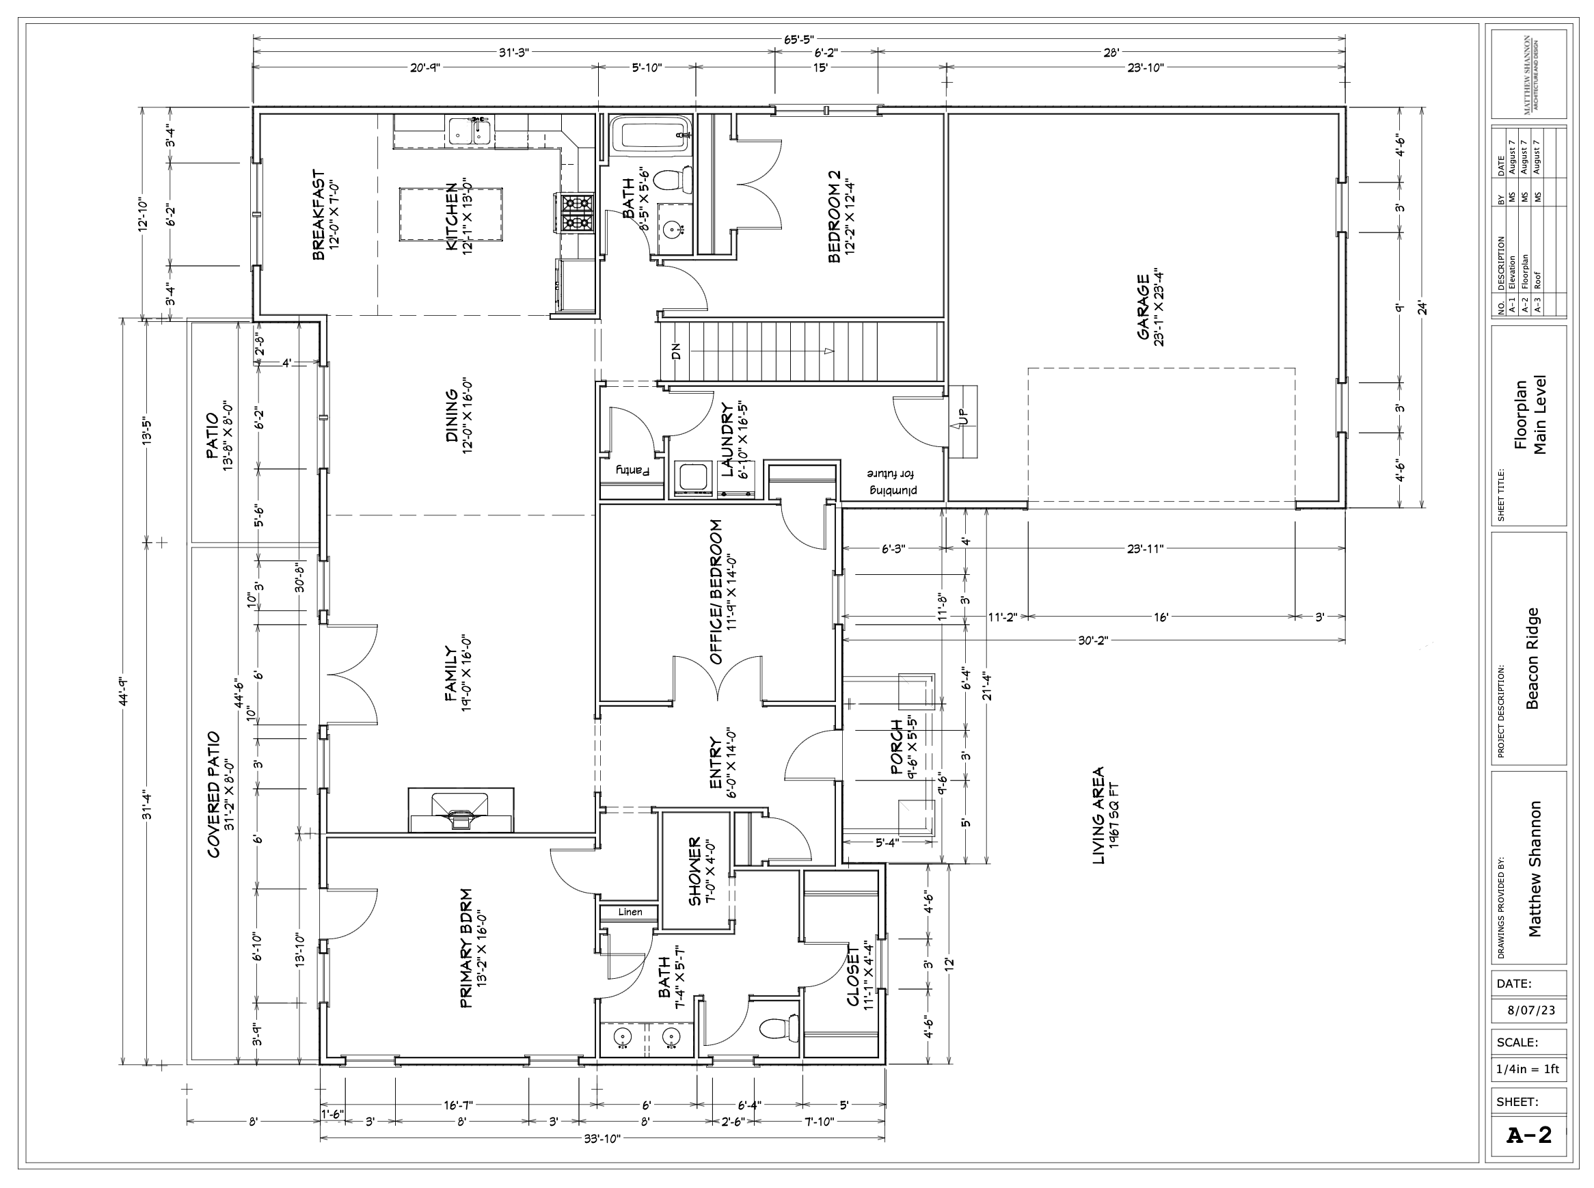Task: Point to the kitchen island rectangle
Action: pyautogui.click(x=451, y=215)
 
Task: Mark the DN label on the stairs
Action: pyautogui.click(x=676, y=351)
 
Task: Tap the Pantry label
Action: pyautogui.click(x=632, y=470)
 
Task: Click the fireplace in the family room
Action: pyautogui.click(x=461, y=810)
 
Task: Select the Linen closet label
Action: pyautogui.click(x=630, y=912)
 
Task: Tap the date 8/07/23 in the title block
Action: pyautogui.click(x=1530, y=1010)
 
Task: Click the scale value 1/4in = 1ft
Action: pyautogui.click(x=1528, y=1069)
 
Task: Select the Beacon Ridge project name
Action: pyautogui.click(x=1532, y=659)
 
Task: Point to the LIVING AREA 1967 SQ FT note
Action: pyautogui.click(x=1106, y=815)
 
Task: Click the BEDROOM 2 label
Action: pyautogui.click(x=841, y=217)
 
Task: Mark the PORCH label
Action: pyautogui.click(x=904, y=746)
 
